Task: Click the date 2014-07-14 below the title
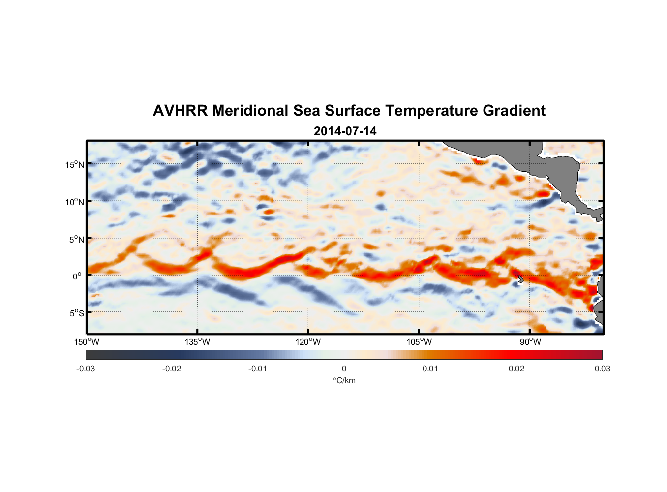click(x=345, y=131)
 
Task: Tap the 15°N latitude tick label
click(x=75, y=164)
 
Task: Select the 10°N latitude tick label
click(x=75, y=202)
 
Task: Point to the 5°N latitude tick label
click(x=77, y=239)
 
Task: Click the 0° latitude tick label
click(x=77, y=276)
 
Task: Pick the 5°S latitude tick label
click(x=77, y=313)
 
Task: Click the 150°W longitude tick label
click(x=87, y=342)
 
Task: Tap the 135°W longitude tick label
click(x=198, y=342)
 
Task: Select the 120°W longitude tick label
click(x=308, y=342)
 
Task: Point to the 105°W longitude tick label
click(x=419, y=342)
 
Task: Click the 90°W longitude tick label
click(x=530, y=342)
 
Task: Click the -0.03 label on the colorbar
click(x=86, y=369)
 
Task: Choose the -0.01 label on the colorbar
click(x=258, y=369)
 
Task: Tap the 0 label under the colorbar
click(x=344, y=369)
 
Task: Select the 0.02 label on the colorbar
click(x=516, y=369)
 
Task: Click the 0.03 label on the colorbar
click(x=602, y=369)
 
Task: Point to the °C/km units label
click(x=344, y=380)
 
